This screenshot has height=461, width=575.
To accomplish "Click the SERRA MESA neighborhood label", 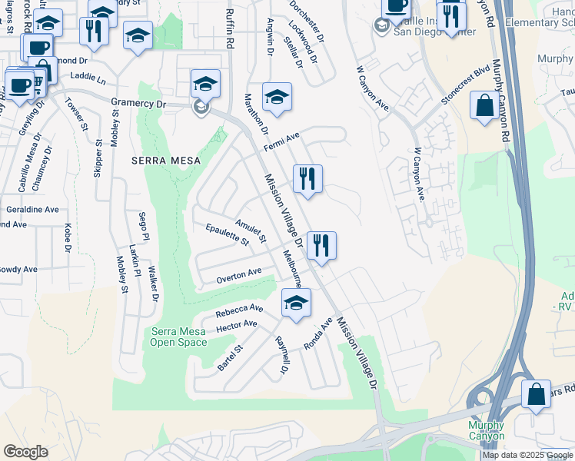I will tap(166, 161).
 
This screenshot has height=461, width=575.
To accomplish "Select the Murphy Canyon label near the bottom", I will tap(487, 430).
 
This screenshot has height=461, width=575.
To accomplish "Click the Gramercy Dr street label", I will tap(138, 102).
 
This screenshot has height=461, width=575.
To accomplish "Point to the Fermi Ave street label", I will tap(281, 141).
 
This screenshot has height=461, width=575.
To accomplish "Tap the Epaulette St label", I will tap(228, 234).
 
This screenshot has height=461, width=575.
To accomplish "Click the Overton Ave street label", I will tap(238, 274).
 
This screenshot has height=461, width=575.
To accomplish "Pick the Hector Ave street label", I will tap(237, 326).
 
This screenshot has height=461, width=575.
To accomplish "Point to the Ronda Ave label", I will tap(317, 334).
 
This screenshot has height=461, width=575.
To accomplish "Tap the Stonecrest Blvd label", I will tap(465, 85).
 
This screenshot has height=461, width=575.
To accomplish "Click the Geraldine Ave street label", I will tap(31, 209).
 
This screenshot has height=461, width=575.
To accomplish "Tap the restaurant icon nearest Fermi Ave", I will tap(307, 179).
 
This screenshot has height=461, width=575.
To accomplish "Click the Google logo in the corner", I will tap(25, 452).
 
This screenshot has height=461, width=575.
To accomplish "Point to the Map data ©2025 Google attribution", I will tap(527, 455).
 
